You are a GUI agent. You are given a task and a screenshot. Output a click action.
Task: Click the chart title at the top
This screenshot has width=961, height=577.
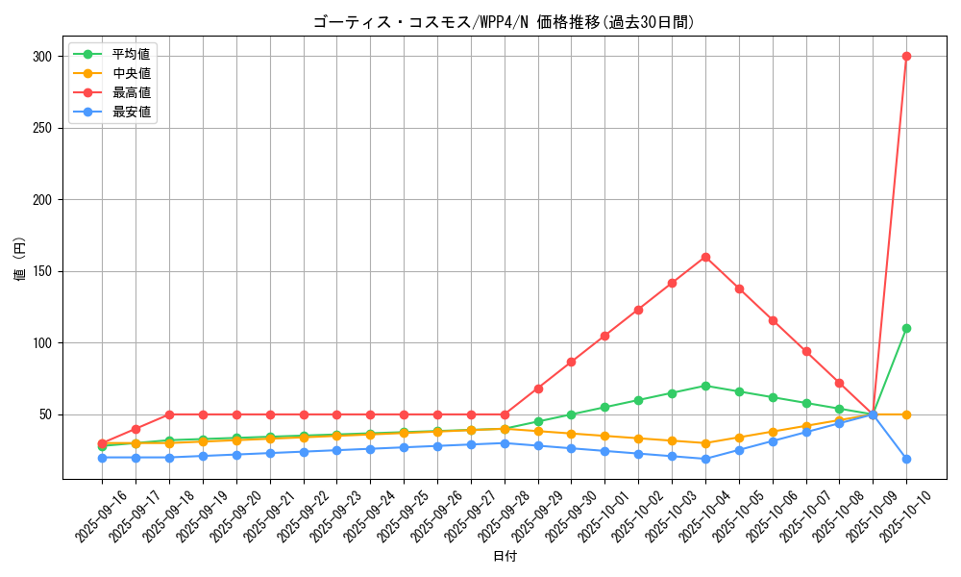click(504, 22)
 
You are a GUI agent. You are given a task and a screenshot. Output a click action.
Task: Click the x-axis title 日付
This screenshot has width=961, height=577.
click(505, 557)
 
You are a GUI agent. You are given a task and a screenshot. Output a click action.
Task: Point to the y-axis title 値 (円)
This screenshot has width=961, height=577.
click(19, 260)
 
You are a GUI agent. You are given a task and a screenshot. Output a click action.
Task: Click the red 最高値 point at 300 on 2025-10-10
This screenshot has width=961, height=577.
click(906, 56)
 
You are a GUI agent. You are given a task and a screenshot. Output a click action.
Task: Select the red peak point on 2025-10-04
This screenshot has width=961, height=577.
click(705, 257)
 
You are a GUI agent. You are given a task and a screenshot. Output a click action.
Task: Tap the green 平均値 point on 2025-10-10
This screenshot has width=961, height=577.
click(906, 328)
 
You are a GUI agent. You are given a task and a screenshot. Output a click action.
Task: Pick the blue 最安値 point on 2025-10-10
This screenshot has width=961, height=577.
click(906, 459)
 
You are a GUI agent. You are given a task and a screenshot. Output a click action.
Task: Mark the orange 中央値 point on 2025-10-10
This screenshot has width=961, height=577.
click(906, 414)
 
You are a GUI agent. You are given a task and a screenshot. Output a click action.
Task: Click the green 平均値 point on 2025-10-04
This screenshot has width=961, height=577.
click(705, 386)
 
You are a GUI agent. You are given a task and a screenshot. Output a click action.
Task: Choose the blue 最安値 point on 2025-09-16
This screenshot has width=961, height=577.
click(102, 458)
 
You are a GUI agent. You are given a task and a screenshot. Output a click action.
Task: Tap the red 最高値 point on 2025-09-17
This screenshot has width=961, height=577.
click(136, 429)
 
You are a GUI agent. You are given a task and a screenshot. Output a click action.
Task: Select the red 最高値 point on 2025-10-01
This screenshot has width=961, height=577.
click(604, 336)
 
